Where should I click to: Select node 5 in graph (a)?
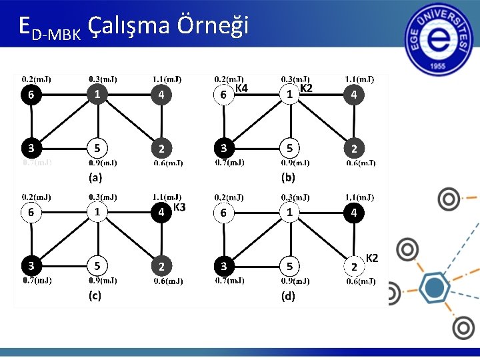click(x=97, y=147)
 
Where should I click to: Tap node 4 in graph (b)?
click(x=354, y=95)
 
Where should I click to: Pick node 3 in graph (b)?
click(x=225, y=147)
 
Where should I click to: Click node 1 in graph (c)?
click(x=97, y=212)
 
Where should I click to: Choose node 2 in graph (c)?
click(x=161, y=266)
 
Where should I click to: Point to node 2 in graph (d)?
click(x=354, y=267)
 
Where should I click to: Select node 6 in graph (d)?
click(x=225, y=213)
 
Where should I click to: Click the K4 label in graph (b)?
click(x=241, y=88)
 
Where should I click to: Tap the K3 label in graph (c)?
click(x=179, y=207)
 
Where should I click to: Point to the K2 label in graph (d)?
click(x=372, y=258)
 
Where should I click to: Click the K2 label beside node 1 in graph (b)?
click(x=306, y=88)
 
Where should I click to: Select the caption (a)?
click(x=95, y=178)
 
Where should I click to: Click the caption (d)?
click(x=288, y=297)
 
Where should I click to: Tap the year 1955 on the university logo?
click(x=439, y=67)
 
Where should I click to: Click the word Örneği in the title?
click(x=213, y=25)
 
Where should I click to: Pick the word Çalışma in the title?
click(x=130, y=27)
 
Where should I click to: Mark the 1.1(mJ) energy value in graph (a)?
click(x=167, y=78)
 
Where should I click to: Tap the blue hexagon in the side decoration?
click(x=435, y=288)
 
